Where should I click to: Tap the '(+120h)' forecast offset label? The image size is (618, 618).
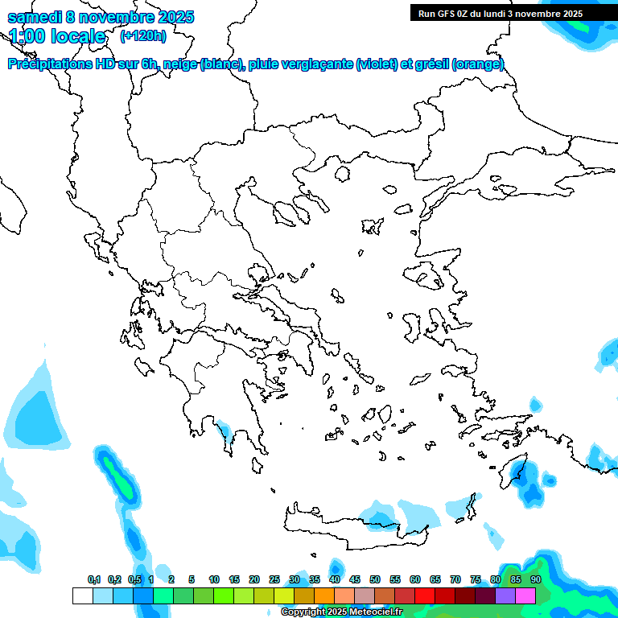point(143,35)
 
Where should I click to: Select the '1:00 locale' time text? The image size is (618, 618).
point(57,36)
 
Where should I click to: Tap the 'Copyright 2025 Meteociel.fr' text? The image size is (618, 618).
point(341,612)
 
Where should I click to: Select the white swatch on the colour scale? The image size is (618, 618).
point(82,596)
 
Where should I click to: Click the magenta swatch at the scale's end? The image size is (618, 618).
point(525,596)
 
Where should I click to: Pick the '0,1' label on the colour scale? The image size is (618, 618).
point(94,580)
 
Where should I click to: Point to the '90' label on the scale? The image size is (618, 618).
point(535,580)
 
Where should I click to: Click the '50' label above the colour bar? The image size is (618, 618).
point(375,580)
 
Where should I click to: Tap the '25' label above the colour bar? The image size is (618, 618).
point(274,580)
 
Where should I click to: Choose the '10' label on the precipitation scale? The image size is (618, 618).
point(214,580)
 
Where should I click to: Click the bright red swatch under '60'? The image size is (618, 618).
point(425,596)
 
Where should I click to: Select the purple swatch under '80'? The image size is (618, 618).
point(505,596)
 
